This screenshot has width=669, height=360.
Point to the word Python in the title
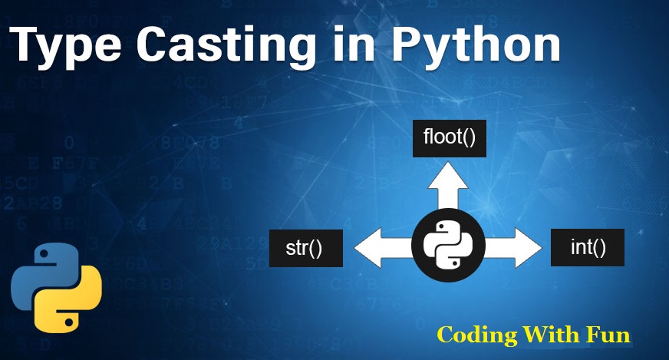click(x=476, y=47)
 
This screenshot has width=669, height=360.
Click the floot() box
click(x=450, y=138)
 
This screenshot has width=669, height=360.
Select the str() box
click(x=305, y=248)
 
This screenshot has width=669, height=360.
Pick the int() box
click(x=588, y=247)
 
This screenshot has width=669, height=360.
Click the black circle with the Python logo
click(x=449, y=247)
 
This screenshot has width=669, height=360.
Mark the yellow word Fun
click(x=609, y=335)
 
